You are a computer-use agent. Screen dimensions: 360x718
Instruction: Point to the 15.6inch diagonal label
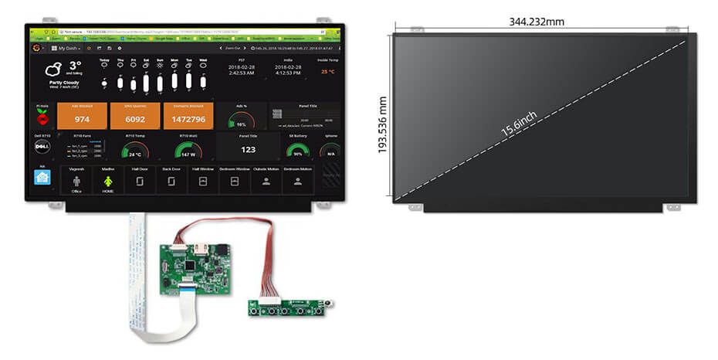[520, 123]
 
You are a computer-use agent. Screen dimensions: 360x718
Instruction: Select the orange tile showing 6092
[134, 116]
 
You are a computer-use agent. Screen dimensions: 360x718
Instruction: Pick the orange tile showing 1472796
[188, 116]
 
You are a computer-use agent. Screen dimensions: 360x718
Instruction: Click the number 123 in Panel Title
[248, 150]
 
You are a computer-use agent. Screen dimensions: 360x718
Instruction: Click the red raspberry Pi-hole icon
[42, 117]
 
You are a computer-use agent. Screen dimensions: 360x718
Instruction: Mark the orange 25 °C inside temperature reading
[327, 72]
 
